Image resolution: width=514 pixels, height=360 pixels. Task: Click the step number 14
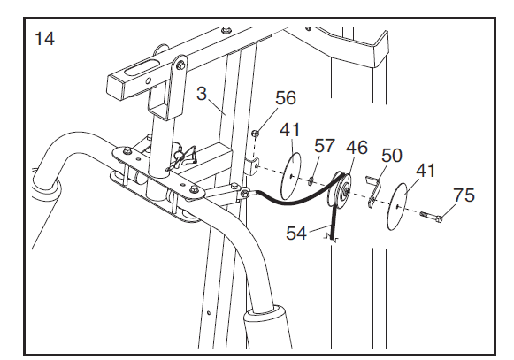42,39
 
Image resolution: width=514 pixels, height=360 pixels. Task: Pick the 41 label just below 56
290,130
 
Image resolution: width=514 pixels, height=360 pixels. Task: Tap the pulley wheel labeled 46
341,190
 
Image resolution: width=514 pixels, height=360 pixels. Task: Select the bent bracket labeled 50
373,189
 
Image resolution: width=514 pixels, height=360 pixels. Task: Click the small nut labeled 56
255,135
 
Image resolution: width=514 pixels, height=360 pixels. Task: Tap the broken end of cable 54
334,237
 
